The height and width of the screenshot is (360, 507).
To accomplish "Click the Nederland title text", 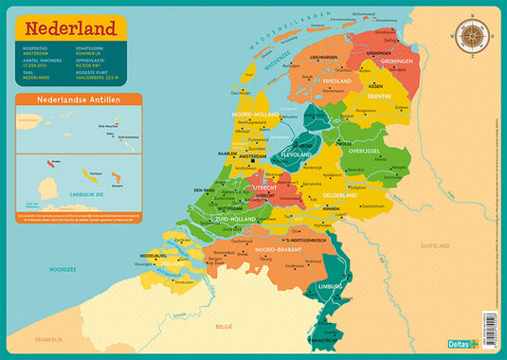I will click(71, 27).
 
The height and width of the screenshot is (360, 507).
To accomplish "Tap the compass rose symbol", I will click(471, 36).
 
